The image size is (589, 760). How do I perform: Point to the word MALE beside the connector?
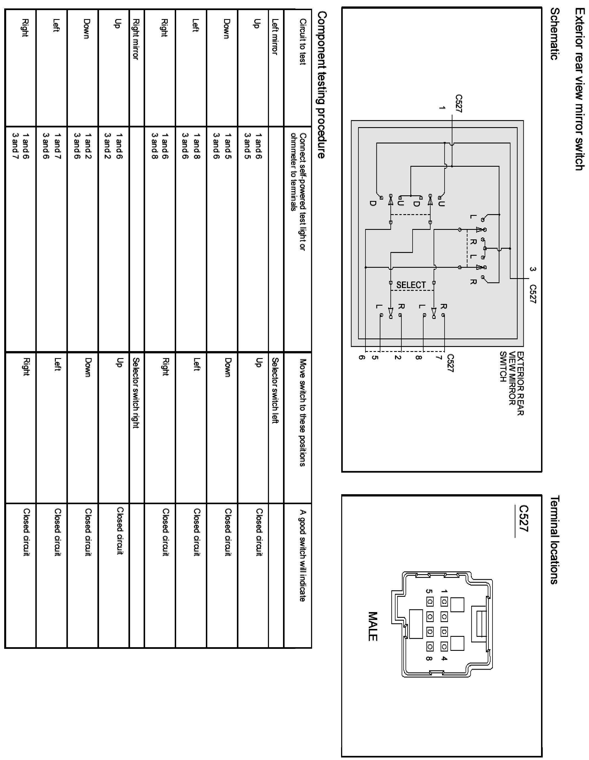pos(372,626)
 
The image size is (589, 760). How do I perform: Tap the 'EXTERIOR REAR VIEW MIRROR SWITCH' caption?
pos(512,383)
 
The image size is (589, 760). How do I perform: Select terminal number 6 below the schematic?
pos(362,357)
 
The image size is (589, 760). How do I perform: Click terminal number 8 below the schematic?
pos(419,357)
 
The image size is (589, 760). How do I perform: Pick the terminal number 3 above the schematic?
pos(532,269)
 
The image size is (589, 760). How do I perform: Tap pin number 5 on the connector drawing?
pos(429,591)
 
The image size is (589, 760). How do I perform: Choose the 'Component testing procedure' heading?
pos(322,85)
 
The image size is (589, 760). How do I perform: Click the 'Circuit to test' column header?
pos(303,42)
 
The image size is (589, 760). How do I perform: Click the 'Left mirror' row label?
pos(275,36)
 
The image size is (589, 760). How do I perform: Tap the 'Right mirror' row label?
pos(135,39)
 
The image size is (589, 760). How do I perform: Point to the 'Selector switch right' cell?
pos(135,393)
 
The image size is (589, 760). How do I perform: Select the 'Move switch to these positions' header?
pos(303,412)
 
